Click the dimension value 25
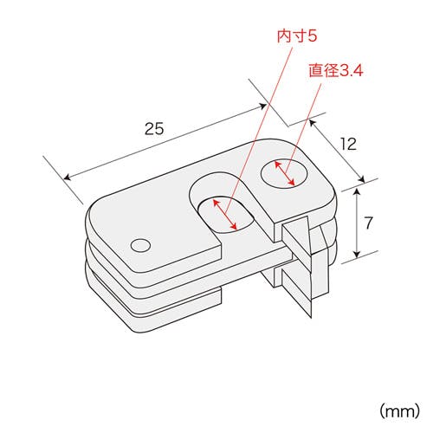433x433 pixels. [154, 129]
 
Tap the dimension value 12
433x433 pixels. [348, 144]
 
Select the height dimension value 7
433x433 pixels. [369, 223]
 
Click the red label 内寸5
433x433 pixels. [297, 36]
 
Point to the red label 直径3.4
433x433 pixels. [336, 70]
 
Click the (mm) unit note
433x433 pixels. [399, 410]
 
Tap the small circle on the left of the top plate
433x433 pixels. [140, 245]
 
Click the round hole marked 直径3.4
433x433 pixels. [285, 174]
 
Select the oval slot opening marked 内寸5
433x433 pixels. [226, 215]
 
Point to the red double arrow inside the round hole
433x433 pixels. [285, 173]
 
